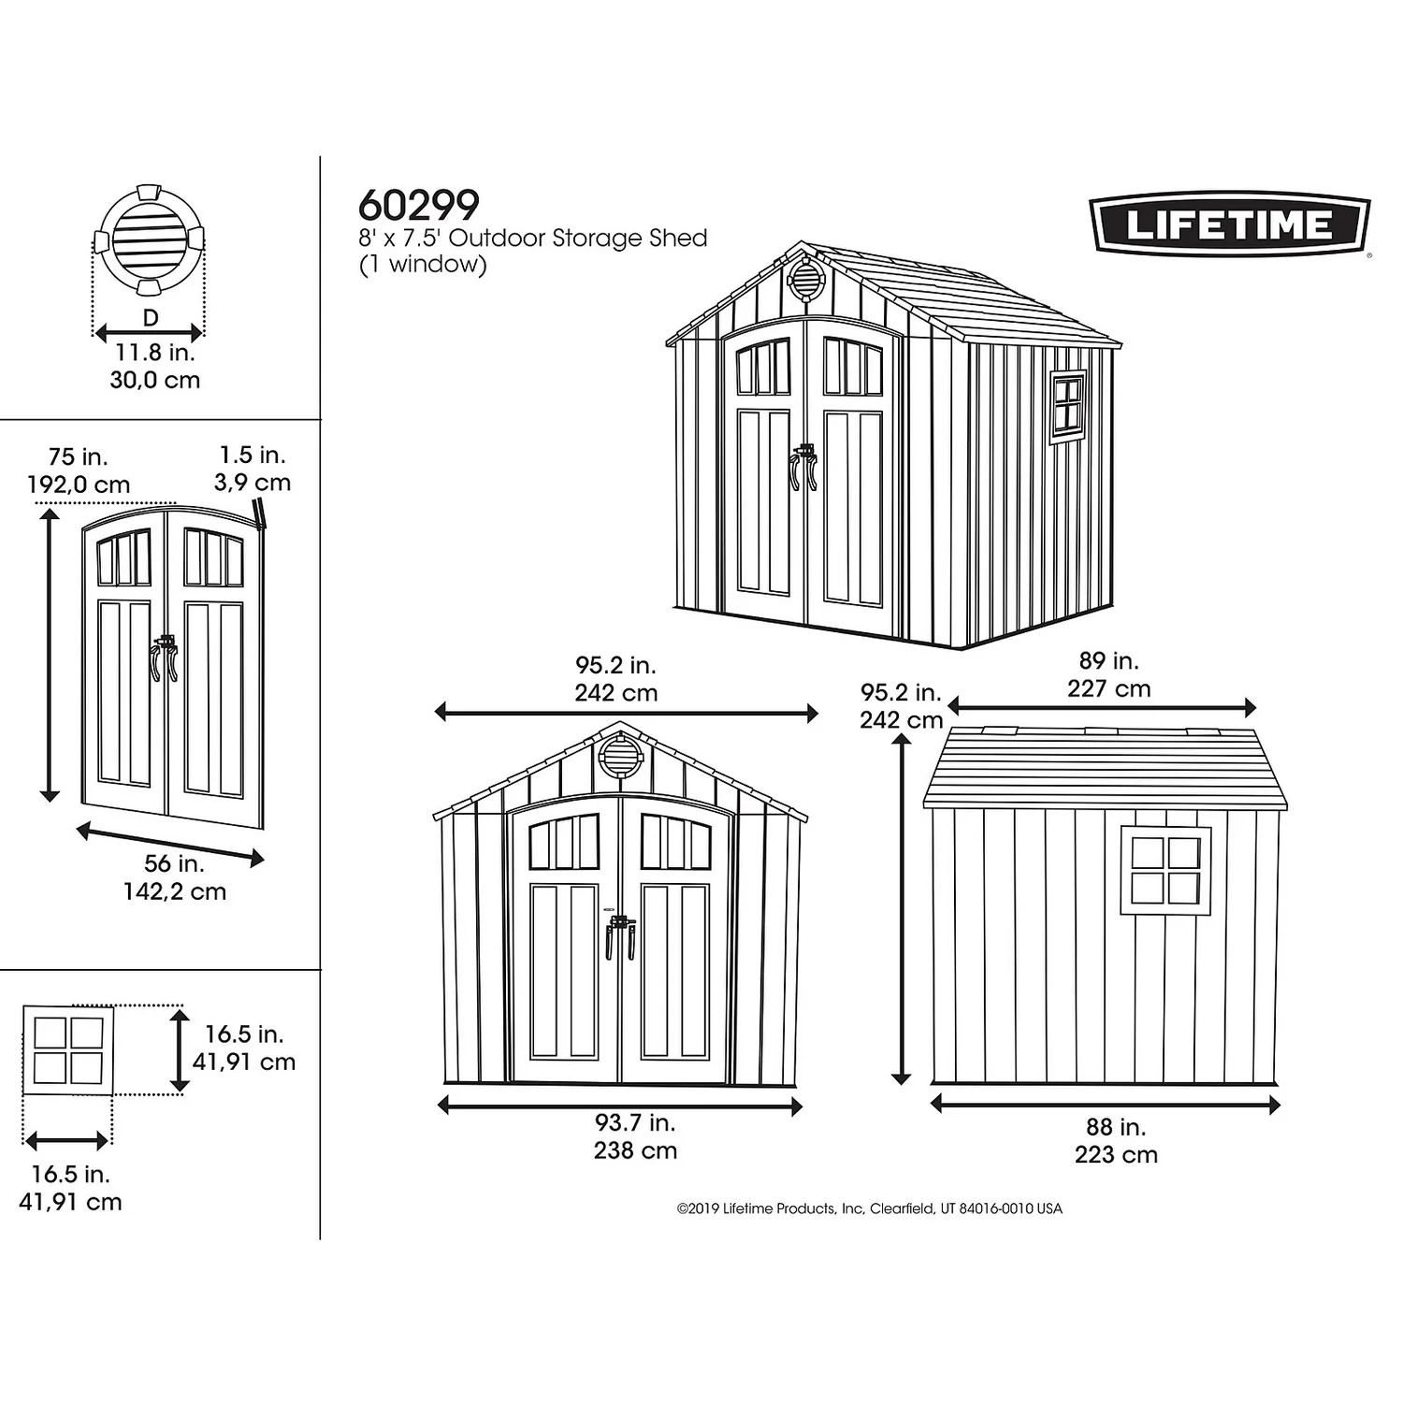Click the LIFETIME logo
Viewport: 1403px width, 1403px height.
pos(1230,224)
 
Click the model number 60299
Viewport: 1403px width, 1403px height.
pos(418,205)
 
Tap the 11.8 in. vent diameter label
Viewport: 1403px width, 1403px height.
pos(154,353)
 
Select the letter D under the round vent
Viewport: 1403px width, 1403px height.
pos(151,318)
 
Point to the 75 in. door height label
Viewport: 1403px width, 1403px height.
pos(79,457)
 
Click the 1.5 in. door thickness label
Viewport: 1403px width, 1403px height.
pos(253,456)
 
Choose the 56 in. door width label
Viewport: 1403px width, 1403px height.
pos(174,863)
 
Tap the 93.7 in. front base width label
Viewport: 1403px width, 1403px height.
pos(634,1122)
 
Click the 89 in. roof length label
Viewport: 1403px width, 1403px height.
pos(1108,661)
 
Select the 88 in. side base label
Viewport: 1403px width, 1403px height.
pos(1115,1127)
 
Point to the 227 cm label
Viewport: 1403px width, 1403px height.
pos(1108,689)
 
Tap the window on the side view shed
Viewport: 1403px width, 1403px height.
pos(1165,870)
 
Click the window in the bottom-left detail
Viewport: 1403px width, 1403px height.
pos(68,1049)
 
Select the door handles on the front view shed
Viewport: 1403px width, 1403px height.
pos(619,935)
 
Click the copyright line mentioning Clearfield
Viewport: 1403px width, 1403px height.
pos(869,1208)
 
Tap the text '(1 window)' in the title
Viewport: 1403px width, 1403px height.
pos(423,265)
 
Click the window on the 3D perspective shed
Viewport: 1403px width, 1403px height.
pos(1067,406)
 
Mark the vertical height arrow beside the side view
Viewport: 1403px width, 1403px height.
pos(901,907)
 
